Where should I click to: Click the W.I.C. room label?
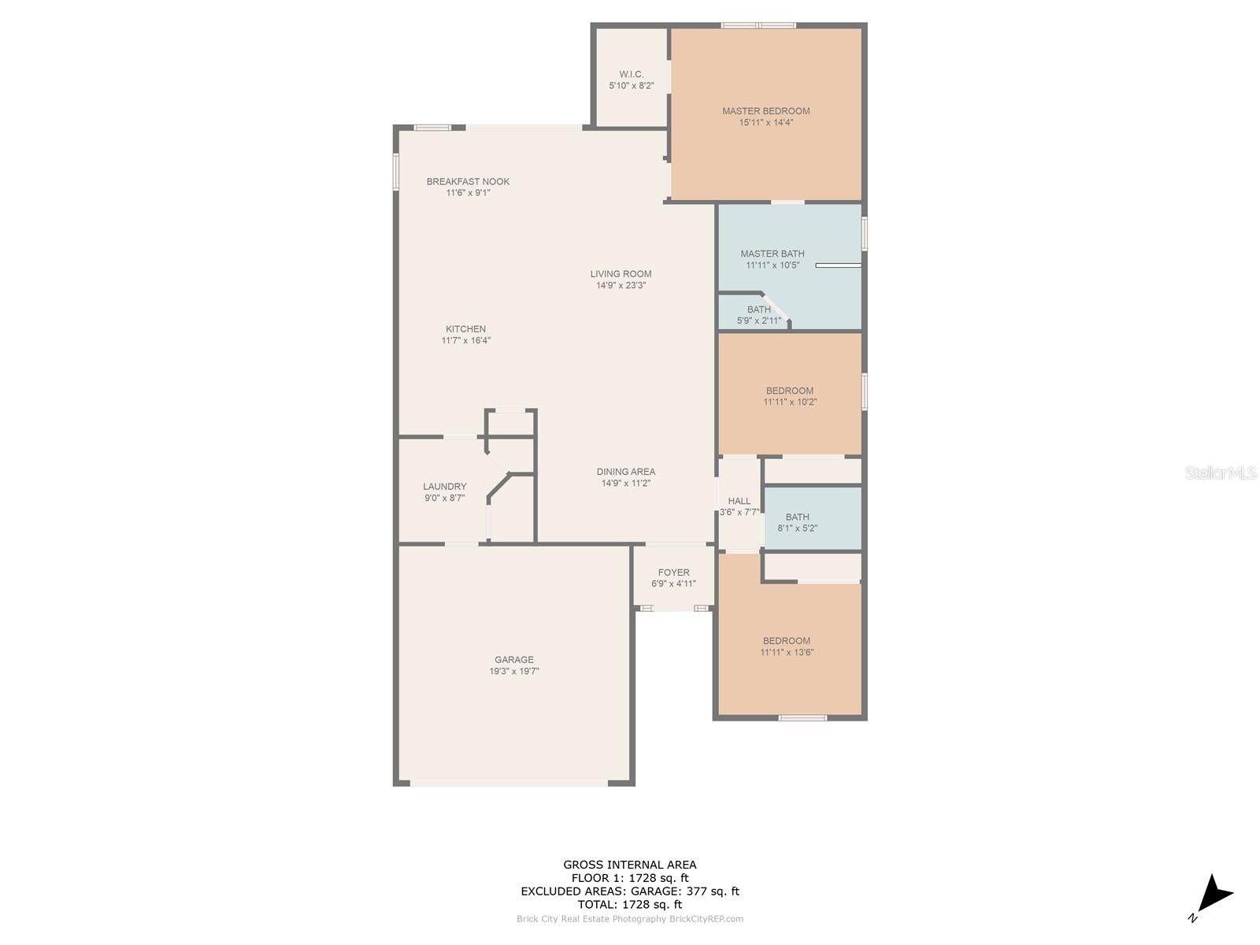coord(631,74)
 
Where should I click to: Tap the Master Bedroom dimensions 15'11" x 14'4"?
coord(765,123)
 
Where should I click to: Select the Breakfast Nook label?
coord(468,181)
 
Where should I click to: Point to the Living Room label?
coord(621,274)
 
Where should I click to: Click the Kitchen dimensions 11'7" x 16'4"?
coord(465,341)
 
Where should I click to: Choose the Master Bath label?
coord(772,254)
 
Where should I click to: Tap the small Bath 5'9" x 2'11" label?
coord(758,309)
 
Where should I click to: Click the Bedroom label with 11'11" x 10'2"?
coord(789,391)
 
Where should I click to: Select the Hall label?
coord(739,501)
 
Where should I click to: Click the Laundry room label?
coord(444,487)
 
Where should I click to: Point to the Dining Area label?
coord(625,472)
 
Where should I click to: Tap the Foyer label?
coord(673,573)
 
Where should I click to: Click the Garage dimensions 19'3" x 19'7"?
coord(513,672)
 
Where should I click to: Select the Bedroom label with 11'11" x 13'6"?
coord(786,641)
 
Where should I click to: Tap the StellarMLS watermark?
coord(1220,473)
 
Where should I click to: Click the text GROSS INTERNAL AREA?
coord(629,865)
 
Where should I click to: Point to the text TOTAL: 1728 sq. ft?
coord(629,905)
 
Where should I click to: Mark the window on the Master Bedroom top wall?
coord(758,25)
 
